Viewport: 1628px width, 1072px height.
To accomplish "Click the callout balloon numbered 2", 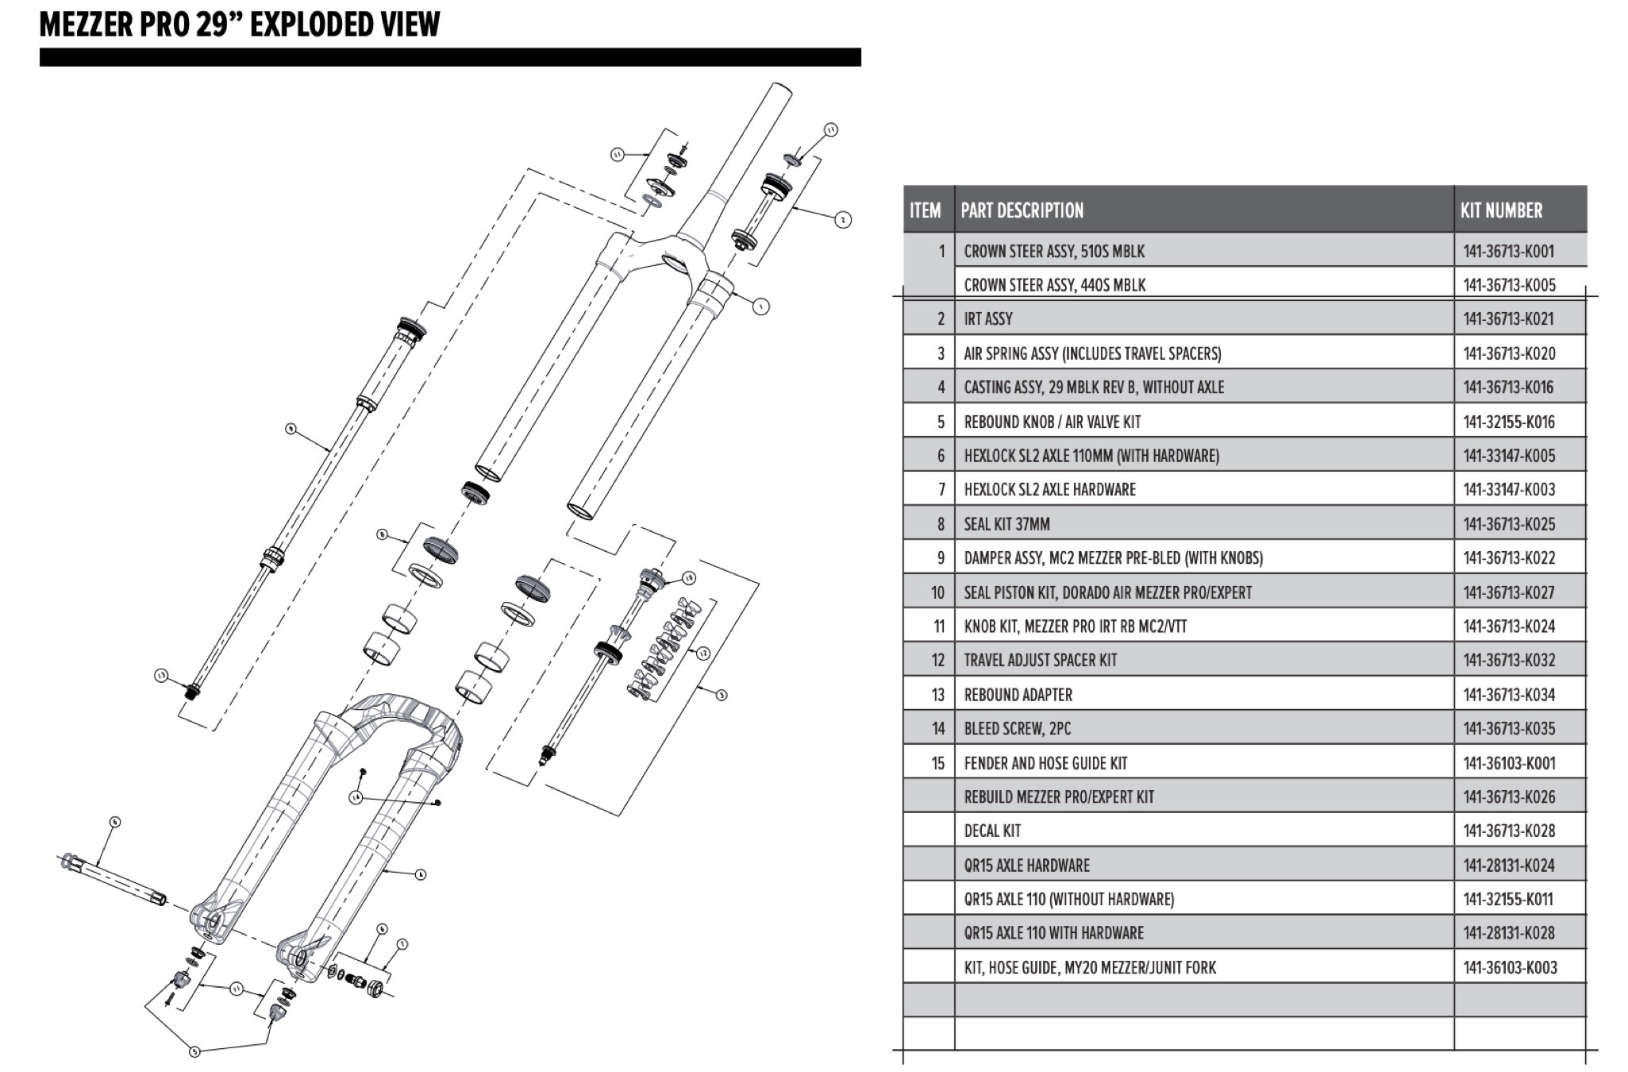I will pyautogui.click(x=844, y=219).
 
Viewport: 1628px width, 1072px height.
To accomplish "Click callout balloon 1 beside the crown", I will pyautogui.click(x=760, y=306).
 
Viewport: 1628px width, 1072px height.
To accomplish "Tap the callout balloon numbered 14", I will pyautogui.click(x=356, y=796).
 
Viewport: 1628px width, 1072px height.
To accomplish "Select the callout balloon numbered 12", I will pyautogui.click(x=702, y=653).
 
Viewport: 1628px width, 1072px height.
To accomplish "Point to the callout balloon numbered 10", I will pyautogui.click(x=688, y=578).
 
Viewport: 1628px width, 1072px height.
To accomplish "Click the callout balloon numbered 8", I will pyautogui.click(x=383, y=534).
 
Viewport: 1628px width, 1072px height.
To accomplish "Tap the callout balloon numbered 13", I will pyautogui.click(x=162, y=676).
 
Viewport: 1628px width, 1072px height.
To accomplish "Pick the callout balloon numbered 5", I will pyautogui.click(x=195, y=1051).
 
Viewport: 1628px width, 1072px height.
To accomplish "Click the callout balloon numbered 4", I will pyautogui.click(x=420, y=874).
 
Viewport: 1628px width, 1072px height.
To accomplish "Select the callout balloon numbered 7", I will pyautogui.click(x=402, y=944).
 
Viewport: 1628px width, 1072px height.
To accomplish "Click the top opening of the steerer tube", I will pyautogui.click(x=778, y=91).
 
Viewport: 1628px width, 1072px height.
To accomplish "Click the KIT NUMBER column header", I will pyautogui.click(x=1501, y=210).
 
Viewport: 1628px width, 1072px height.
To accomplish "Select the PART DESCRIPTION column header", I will pyautogui.click(x=1022, y=210).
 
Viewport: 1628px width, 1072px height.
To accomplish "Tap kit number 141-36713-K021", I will pyautogui.click(x=1508, y=319).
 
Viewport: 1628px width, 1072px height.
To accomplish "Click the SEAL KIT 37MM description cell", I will pyautogui.click(x=1006, y=524).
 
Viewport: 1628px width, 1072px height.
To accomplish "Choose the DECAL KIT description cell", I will pyautogui.click(x=992, y=831).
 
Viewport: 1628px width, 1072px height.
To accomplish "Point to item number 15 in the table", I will pyautogui.click(x=937, y=764).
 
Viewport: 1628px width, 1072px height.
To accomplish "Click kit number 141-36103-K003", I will pyautogui.click(x=1510, y=968).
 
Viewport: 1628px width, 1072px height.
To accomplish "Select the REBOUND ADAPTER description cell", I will pyautogui.click(x=1018, y=695).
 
